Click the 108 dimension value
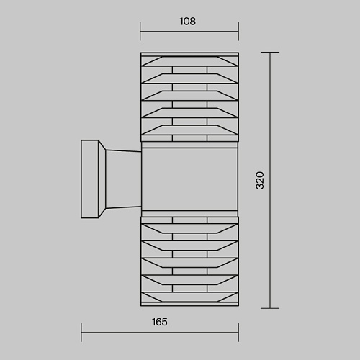pos(188,22)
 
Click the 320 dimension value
pos(260,180)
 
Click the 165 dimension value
pos(160,322)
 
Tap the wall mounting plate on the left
pos(90,179)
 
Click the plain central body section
pos(189,179)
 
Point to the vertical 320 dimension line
pos(270,180)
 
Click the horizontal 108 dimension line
pos(189,31)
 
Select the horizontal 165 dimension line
pos(160,333)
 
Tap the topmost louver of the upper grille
pos(189,61)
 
